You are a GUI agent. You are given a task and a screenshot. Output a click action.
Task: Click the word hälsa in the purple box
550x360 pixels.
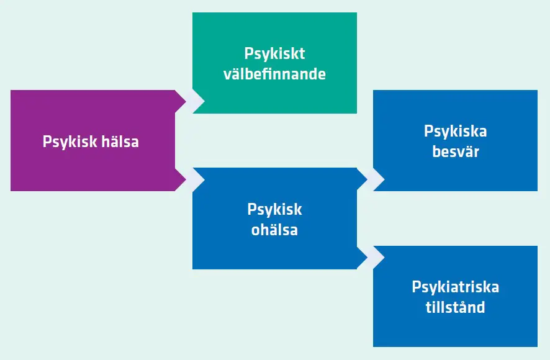[120, 142]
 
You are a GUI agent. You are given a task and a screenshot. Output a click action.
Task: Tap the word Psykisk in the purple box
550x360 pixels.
[70, 143]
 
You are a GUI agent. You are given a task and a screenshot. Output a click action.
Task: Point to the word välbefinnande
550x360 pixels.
[274, 74]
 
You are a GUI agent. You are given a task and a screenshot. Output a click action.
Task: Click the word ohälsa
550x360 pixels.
[274, 230]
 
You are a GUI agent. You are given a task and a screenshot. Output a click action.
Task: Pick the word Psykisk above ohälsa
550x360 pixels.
[274, 210]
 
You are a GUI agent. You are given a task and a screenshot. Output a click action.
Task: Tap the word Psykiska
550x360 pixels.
[455, 132]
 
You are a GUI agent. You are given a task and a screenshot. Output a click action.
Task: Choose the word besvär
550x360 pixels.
[455, 151]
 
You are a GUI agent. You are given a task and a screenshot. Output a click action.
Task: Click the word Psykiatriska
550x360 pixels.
[455, 287]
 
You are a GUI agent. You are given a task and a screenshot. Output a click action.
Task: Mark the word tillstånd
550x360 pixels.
[455, 307]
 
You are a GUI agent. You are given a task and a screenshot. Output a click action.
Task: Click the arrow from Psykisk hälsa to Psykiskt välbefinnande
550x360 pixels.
[190, 101]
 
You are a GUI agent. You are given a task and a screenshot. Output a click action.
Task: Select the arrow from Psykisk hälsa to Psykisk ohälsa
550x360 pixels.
[190, 179]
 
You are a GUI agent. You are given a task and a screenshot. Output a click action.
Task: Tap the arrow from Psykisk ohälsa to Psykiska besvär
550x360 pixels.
[371, 179]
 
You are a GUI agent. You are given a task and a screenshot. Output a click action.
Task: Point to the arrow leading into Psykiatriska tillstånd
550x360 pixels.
[371, 257]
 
